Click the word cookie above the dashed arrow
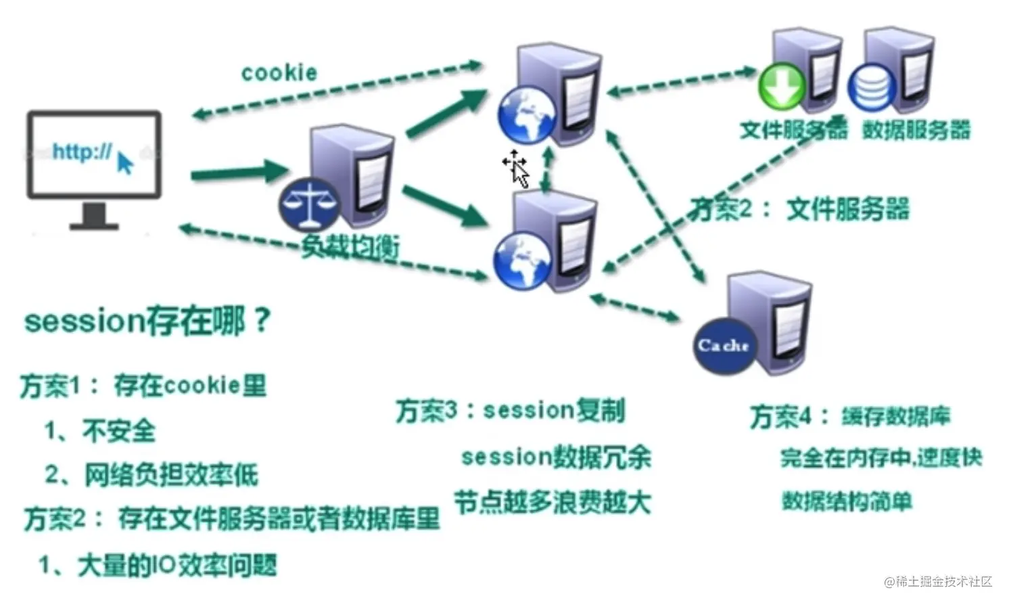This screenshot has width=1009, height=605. click(x=279, y=72)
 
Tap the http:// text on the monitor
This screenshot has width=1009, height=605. click(x=82, y=152)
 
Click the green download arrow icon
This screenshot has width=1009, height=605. click(x=781, y=87)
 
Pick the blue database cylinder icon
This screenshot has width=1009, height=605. click(x=872, y=88)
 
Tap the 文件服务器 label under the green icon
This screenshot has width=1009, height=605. click(x=793, y=130)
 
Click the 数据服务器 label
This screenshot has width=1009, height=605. click(x=916, y=130)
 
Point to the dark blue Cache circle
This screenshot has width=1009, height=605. click(x=724, y=346)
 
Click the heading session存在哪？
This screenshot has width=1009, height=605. click(x=147, y=321)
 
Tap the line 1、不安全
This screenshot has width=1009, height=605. click(x=100, y=430)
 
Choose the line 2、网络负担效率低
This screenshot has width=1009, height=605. click(x=151, y=474)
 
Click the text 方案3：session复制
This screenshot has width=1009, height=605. click(x=510, y=410)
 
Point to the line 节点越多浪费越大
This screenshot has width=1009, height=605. click(x=552, y=502)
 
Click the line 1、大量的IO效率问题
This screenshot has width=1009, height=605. click(x=158, y=565)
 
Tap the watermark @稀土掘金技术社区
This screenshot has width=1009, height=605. click(x=937, y=581)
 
